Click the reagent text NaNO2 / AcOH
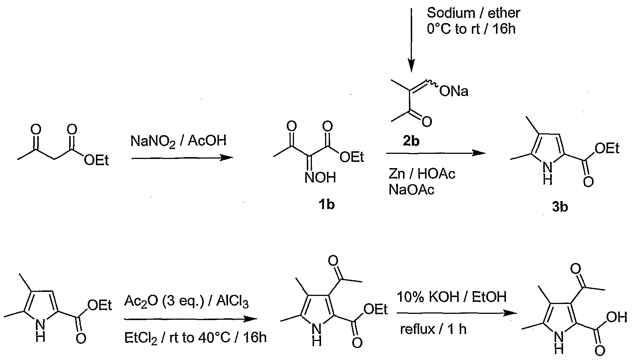(179, 140)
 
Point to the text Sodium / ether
(473, 13)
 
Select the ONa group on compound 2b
(454, 92)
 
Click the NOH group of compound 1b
(321, 178)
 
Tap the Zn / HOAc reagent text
(422, 174)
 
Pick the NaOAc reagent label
(411, 190)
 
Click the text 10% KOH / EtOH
(452, 297)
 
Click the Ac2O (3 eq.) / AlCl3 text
(187, 302)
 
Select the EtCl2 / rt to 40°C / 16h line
(195, 338)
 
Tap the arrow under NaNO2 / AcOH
(182, 158)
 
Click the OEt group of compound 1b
(352, 157)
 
